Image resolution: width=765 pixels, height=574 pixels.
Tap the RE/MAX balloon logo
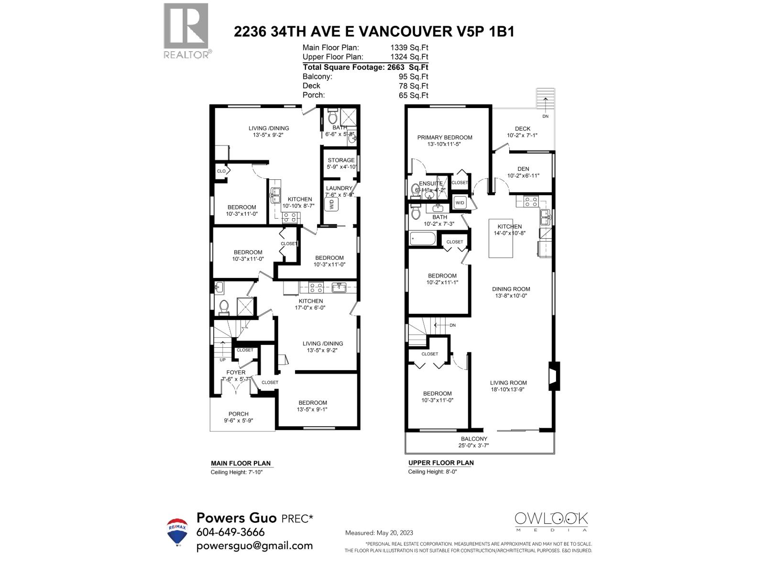click(177, 531)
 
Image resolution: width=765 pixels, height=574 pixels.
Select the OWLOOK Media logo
click(551, 521)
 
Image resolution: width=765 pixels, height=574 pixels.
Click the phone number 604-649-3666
click(230, 532)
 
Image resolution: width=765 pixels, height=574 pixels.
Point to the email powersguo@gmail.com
click(254, 546)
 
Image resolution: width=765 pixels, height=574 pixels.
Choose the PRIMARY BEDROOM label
click(445, 137)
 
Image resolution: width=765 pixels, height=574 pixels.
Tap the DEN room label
click(523, 168)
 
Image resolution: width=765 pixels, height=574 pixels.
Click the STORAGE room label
click(341, 160)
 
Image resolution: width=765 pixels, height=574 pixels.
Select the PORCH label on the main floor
click(238, 414)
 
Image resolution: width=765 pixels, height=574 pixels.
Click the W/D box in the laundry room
click(331, 205)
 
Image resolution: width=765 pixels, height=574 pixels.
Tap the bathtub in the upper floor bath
click(423, 238)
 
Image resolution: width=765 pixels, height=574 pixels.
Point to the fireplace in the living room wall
click(554, 376)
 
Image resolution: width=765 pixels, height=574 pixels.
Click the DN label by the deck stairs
click(546, 116)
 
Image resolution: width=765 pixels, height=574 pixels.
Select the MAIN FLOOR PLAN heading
click(240, 463)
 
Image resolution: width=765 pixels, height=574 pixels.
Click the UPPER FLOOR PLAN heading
click(441, 463)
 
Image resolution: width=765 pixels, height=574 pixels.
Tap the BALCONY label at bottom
click(474, 439)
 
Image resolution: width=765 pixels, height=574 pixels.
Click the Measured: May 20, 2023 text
click(379, 533)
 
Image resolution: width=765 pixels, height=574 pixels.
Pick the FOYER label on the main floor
click(236, 372)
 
